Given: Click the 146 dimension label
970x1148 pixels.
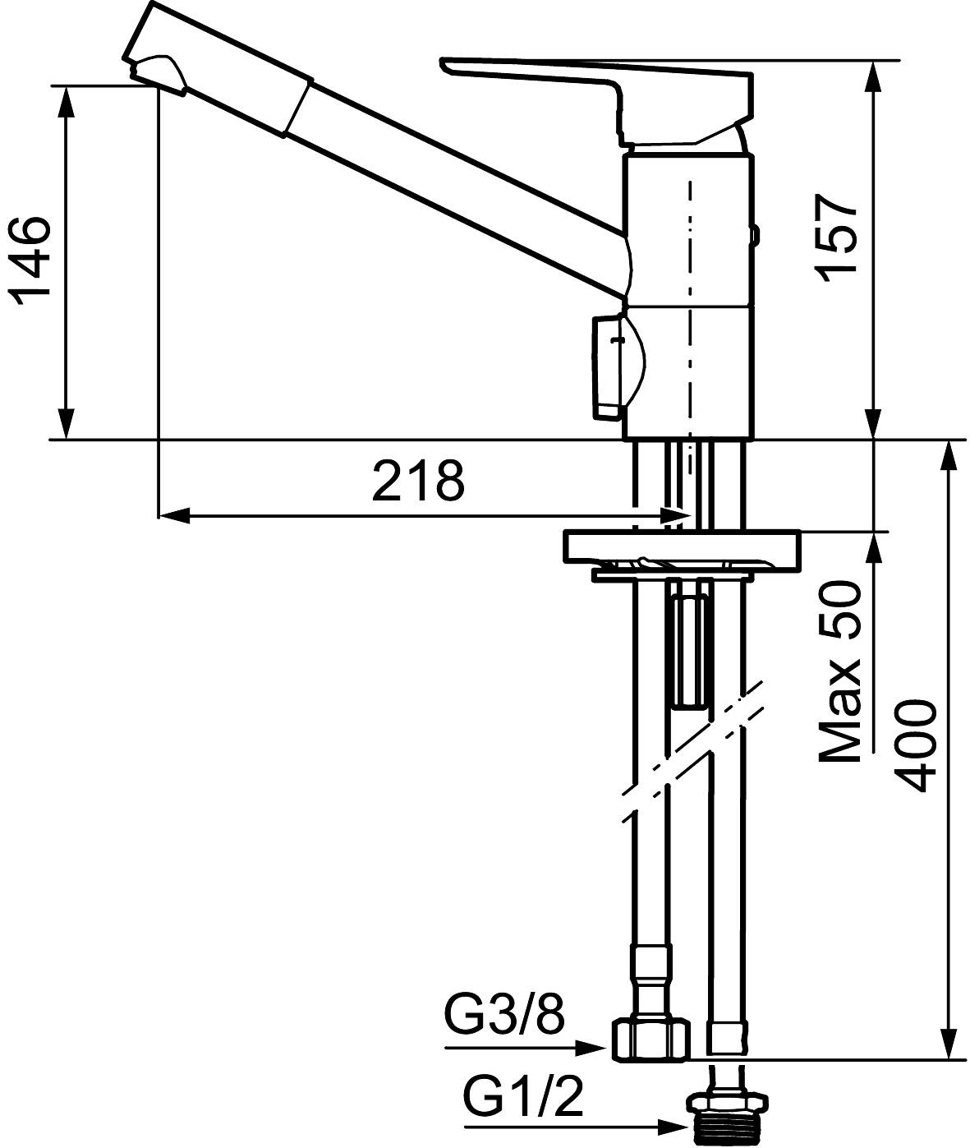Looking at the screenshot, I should (30, 261).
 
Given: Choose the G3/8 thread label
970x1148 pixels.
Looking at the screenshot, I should (504, 1017).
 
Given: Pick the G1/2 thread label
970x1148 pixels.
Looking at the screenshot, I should (523, 1097).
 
